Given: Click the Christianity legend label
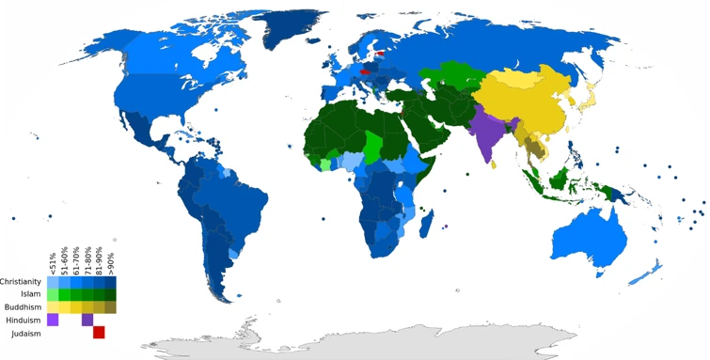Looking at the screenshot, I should [x=20, y=281].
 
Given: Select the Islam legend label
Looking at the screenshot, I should [x=29, y=294].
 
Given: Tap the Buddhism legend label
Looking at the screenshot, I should [x=23, y=306].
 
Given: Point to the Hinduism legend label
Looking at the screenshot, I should [x=24, y=321].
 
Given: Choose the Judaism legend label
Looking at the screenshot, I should [x=26, y=334].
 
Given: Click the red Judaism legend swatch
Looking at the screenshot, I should [x=99, y=332].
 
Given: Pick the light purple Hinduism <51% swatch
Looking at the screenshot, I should [x=53, y=320].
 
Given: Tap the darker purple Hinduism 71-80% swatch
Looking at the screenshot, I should [x=87, y=320].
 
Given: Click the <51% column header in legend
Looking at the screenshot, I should [x=53, y=262].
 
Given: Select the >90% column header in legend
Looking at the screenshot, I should [x=111, y=262].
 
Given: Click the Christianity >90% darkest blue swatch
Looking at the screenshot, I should [x=110, y=281].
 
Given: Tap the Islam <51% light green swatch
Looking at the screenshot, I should [x=53, y=294].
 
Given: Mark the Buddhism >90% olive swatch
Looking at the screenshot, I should [x=110, y=306].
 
